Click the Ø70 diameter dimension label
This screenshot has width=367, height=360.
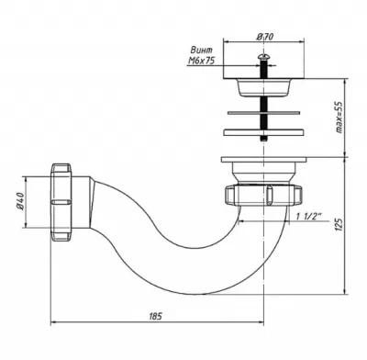click(265, 37)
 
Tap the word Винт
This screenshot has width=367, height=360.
click(202, 50)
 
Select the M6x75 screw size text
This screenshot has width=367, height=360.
click(201, 61)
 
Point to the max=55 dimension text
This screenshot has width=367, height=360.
click(339, 118)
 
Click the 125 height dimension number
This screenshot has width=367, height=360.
click(339, 224)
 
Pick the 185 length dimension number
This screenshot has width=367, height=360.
click(155, 316)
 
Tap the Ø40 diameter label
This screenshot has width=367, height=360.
click(20, 201)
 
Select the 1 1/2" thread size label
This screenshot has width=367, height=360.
click(307, 216)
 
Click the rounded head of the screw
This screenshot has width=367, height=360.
click(262, 57)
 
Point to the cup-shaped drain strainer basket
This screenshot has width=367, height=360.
click(263, 88)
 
